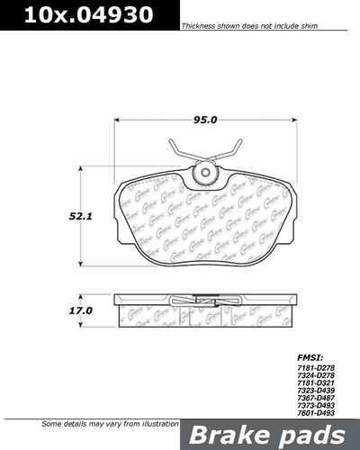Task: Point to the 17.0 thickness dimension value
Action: [82, 310]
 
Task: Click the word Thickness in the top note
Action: [199, 28]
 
